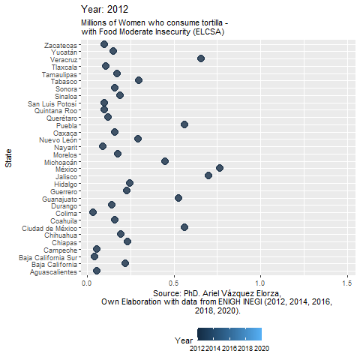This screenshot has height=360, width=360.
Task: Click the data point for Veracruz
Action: pos(201,58)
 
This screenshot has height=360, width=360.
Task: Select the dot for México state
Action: pos(220,168)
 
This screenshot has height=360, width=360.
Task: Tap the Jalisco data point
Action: pos(208,175)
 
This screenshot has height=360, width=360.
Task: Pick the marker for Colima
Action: pos(93,212)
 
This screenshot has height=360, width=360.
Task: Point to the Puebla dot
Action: pos(184,124)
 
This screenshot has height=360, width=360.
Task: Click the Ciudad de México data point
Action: pos(184,227)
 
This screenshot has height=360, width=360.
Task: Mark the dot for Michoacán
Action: pos(165,161)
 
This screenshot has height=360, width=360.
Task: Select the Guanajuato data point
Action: pos(178,198)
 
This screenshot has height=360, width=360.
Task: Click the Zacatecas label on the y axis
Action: pos(61,46)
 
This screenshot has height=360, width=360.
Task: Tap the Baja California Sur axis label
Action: pos(48,258)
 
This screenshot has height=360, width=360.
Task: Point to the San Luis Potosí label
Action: pos(52,103)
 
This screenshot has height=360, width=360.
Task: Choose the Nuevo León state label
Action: pos(58,140)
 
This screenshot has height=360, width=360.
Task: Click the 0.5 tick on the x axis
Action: pos(174,283)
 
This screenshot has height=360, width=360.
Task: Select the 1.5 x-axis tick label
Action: pos(347,283)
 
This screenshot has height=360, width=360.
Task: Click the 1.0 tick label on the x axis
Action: pos(260,283)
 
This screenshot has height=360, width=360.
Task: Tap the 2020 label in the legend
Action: pos(262,349)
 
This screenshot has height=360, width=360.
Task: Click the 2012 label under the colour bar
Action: pos(197,349)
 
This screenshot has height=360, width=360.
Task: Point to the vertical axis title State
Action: pos(8,158)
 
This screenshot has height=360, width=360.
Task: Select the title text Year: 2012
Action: pos(104,10)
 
